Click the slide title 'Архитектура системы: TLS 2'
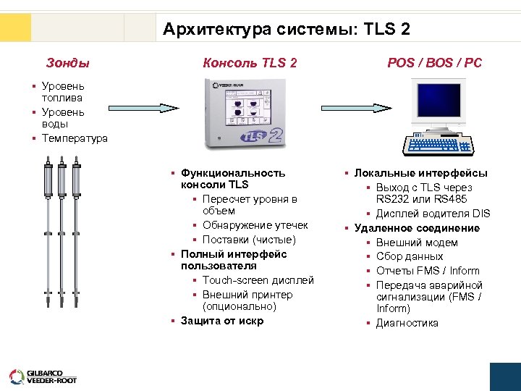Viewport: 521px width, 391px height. [x=287, y=29]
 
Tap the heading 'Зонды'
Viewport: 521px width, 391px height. [x=68, y=63]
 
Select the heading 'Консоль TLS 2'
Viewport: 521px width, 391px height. [x=250, y=63]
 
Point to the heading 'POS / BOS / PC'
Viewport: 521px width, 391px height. [x=434, y=63]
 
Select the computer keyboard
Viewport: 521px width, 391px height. [x=440, y=145]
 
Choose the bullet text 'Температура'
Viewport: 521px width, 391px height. [x=75, y=138]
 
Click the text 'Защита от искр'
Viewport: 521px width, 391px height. [x=222, y=321]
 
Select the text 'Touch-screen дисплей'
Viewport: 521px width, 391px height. [x=258, y=280]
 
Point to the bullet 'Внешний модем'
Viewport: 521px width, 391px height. [x=417, y=243]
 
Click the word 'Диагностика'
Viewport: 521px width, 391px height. [x=407, y=323]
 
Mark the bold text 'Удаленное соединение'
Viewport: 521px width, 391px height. [x=416, y=228]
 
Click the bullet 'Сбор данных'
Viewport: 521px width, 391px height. [x=410, y=256]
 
